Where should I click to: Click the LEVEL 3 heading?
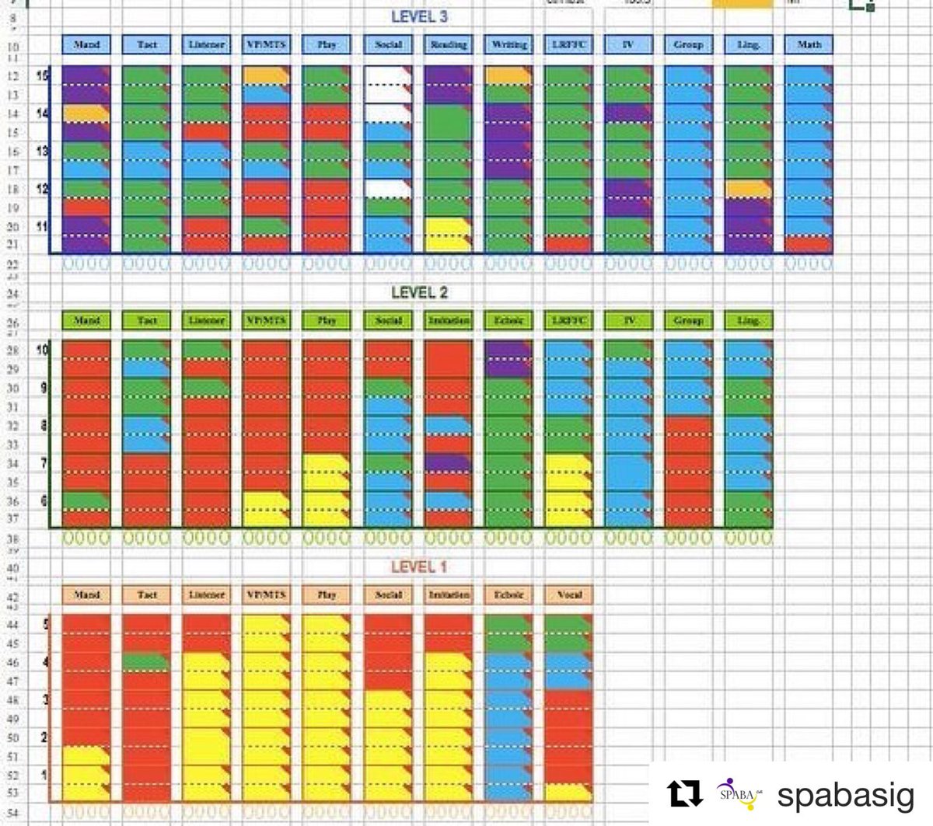tap(419, 17)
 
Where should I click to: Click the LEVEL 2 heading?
tap(419, 293)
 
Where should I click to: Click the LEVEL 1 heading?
tap(419, 566)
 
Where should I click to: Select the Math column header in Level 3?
tap(809, 45)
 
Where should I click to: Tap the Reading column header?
tap(449, 45)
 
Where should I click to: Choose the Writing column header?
tap(508, 45)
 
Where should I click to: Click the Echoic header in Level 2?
tap(508, 320)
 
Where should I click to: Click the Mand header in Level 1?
tap(86, 594)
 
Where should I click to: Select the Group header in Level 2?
tap(689, 320)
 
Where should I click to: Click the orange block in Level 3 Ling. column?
tap(747, 189)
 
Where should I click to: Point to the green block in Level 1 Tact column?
tap(146, 662)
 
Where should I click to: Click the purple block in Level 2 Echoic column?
tap(508, 359)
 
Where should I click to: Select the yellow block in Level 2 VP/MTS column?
tap(265, 508)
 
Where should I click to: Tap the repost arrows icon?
tap(684, 794)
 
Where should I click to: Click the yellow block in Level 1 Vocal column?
tap(568, 792)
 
